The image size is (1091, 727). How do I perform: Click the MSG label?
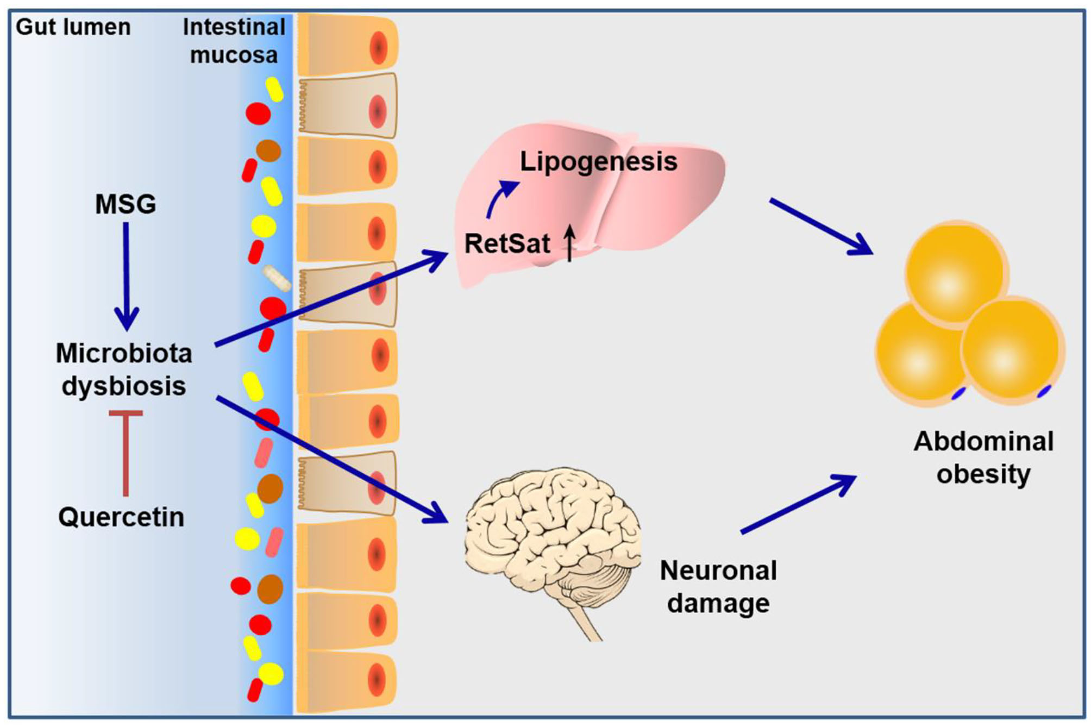coord(126,205)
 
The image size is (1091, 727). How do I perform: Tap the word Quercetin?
coord(121,517)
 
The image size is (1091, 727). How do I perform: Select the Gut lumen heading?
coord(73,27)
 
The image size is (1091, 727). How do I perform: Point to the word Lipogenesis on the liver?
coord(598,161)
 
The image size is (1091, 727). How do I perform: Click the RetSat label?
coord(507,243)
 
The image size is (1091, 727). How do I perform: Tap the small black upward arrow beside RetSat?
coord(569,245)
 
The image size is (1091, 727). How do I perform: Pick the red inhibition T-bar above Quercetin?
coord(126,451)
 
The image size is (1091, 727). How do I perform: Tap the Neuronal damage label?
coord(718,587)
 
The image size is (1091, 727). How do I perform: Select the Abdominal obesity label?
coord(983,457)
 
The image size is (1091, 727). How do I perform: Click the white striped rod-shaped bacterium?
coord(277,278)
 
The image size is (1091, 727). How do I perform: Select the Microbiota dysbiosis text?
coord(124,369)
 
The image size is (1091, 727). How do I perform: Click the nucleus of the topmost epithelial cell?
coord(378,48)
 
